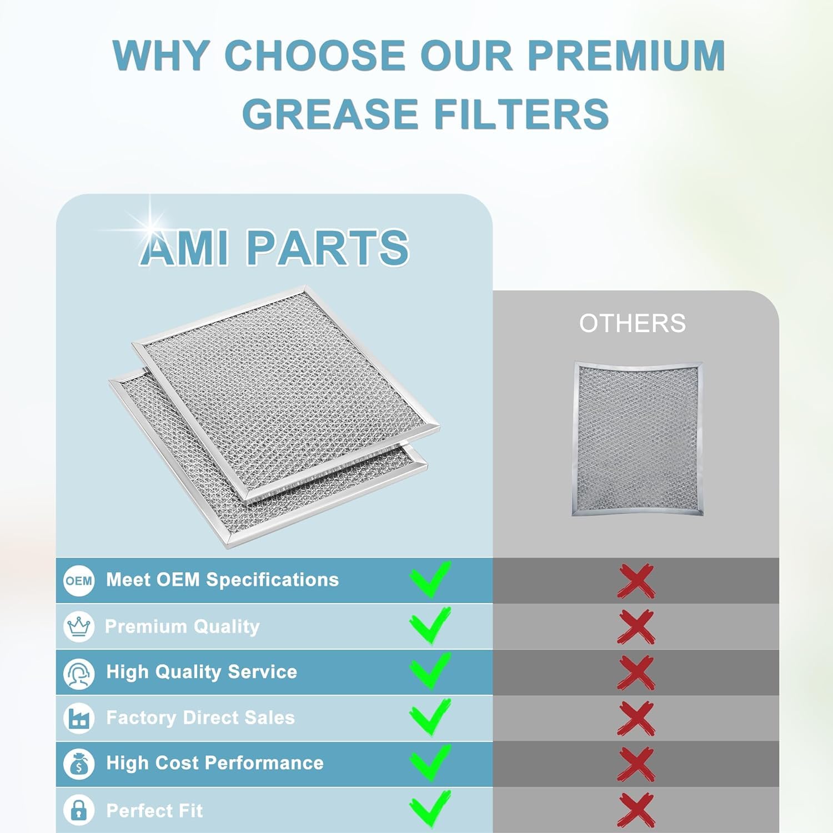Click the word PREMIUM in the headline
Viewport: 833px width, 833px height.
[626, 56]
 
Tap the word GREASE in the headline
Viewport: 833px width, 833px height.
[330, 113]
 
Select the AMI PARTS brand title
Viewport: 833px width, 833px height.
[274, 248]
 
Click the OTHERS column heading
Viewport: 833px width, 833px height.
[633, 323]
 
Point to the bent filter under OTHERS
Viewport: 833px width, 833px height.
[638, 439]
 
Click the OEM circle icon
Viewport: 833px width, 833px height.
[79, 581]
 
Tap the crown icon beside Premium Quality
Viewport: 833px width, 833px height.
[79, 626]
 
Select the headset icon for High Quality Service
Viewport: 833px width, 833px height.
[79, 673]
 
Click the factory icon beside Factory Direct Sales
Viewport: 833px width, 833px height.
[79, 718]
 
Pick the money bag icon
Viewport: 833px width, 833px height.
[79, 764]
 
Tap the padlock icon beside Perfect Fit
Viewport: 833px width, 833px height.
[79, 810]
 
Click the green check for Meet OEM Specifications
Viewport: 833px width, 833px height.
[430, 579]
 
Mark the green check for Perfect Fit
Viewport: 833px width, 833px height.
[430, 809]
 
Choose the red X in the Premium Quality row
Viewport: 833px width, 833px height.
[636, 627]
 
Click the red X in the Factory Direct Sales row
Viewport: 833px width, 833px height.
[636, 719]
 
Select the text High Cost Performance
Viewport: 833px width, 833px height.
[215, 763]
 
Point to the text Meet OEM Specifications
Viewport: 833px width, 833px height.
[223, 580]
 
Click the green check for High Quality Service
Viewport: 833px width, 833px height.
[430, 671]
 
